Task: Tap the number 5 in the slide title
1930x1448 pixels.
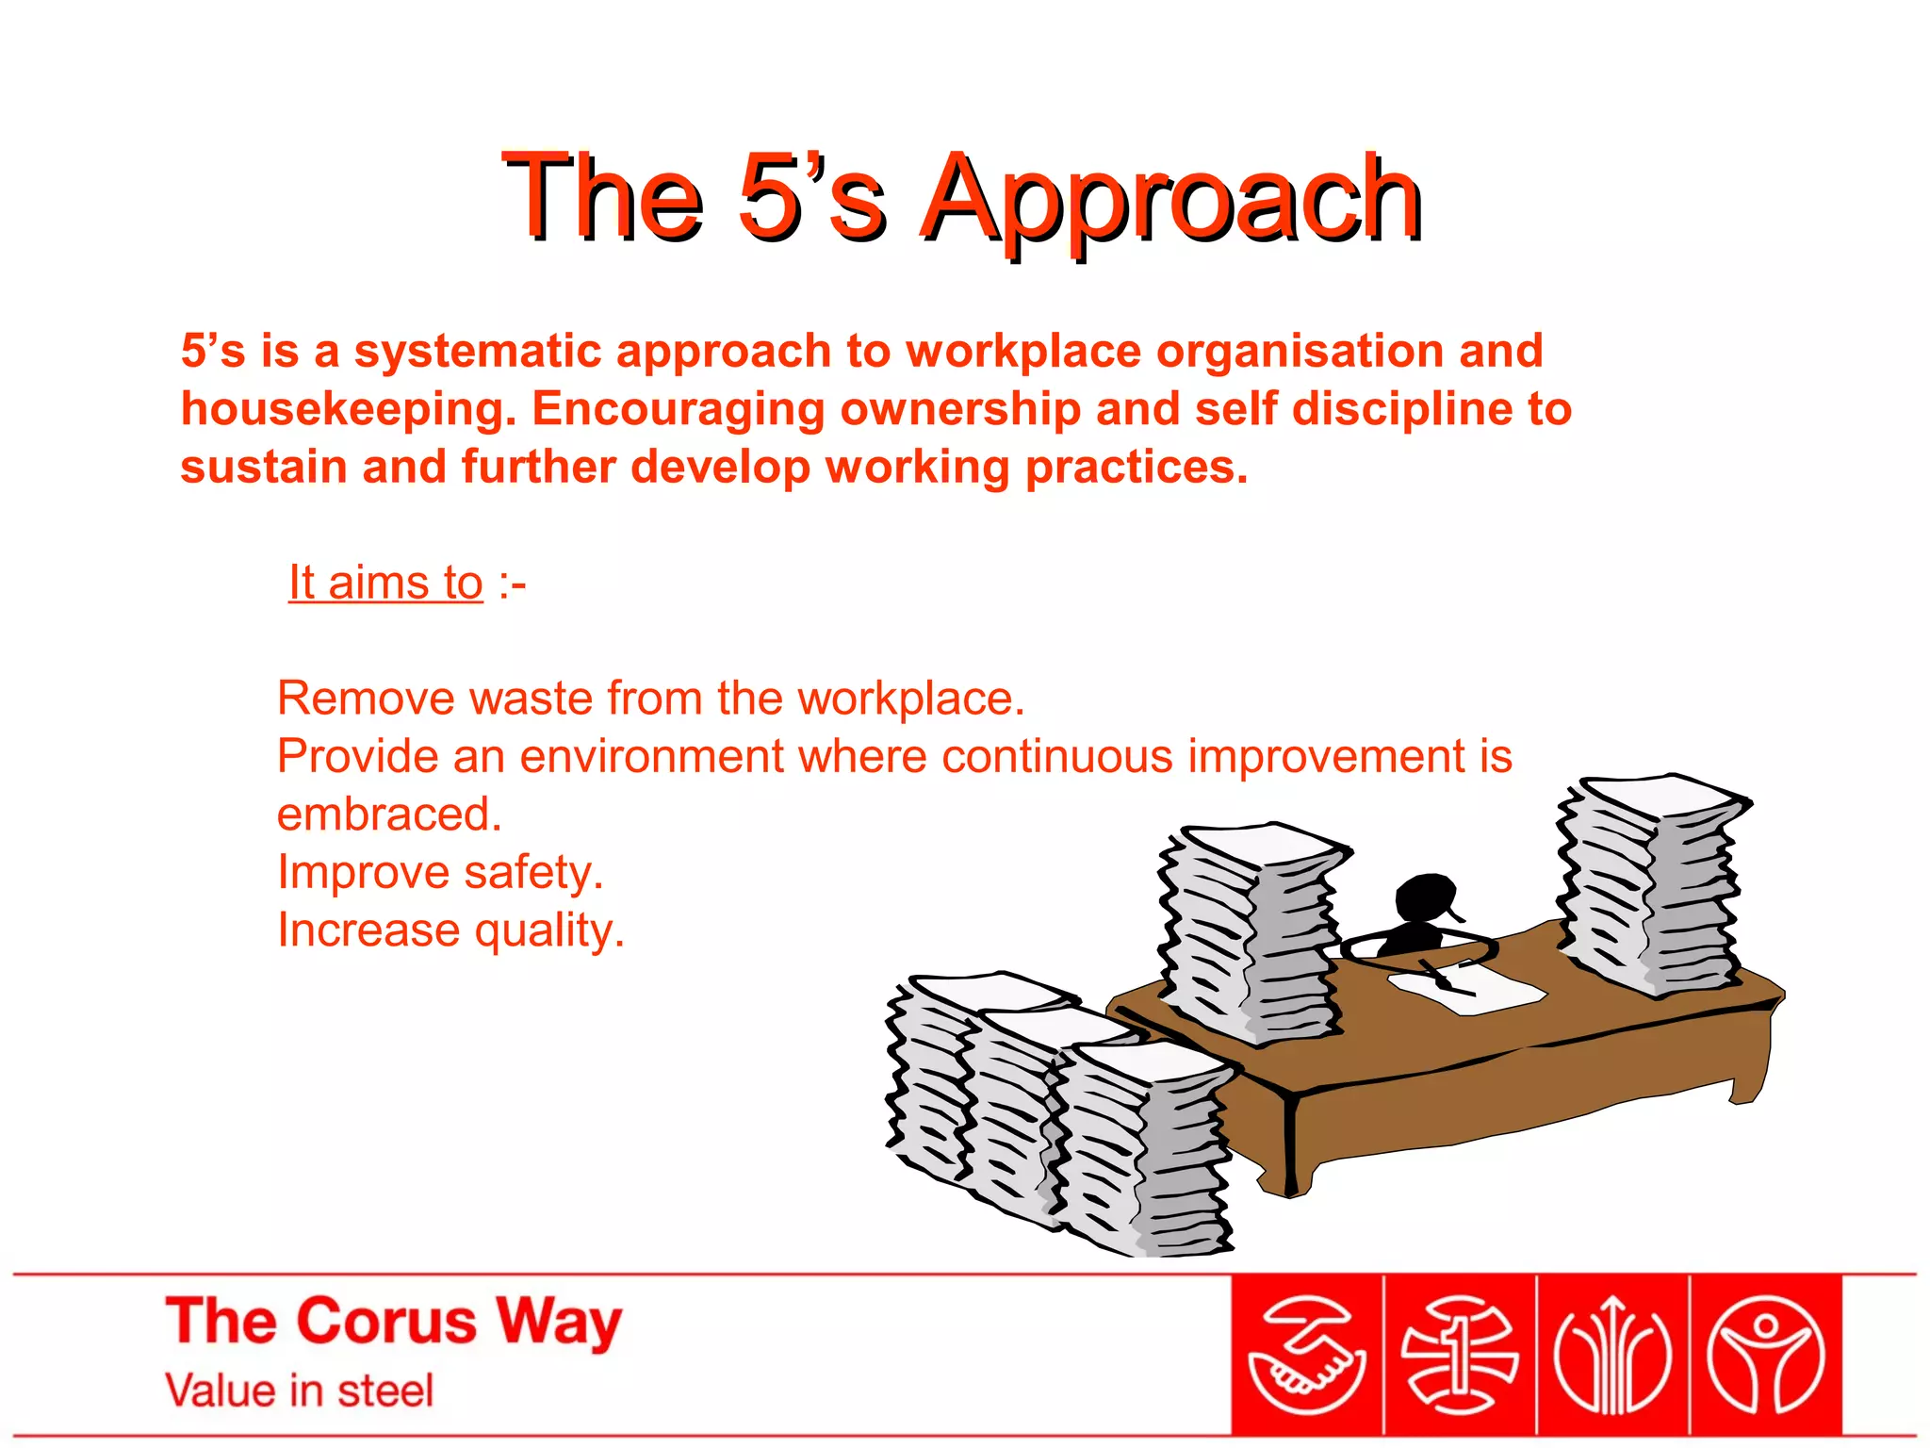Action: [x=765, y=196]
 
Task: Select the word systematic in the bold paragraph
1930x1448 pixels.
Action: [x=478, y=351]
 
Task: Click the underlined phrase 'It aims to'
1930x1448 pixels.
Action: [x=385, y=583]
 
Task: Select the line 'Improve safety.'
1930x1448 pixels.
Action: [x=440, y=872]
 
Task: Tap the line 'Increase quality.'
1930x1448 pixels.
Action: [x=450, y=930]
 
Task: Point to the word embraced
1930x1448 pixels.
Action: [x=389, y=814]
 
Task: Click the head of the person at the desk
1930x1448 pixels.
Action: [x=1426, y=897]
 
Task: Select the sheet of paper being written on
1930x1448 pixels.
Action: [x=1470, y=985]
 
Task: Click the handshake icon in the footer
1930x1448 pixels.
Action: [x=1306, y=1356]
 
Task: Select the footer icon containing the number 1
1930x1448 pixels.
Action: [x=1459, y=1356]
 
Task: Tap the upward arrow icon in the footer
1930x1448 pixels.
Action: [x=1612, y=1356]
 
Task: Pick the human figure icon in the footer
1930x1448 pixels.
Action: [x=1766, y=1356]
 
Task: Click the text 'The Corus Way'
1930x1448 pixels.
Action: [x=394, y=1322]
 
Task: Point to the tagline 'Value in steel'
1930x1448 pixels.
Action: [x=300, y=1391]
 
